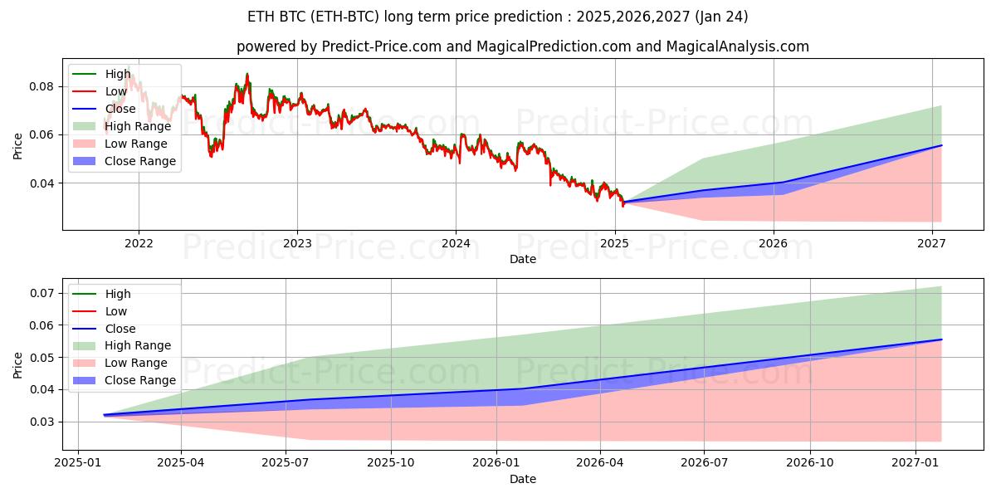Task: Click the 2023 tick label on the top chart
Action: tap(297, 243)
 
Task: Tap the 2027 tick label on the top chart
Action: tap(932, 243)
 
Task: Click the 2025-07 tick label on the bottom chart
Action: tap(286, 463)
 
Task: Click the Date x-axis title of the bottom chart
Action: tap(523, 479)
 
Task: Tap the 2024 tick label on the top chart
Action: tap(456, 243)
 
